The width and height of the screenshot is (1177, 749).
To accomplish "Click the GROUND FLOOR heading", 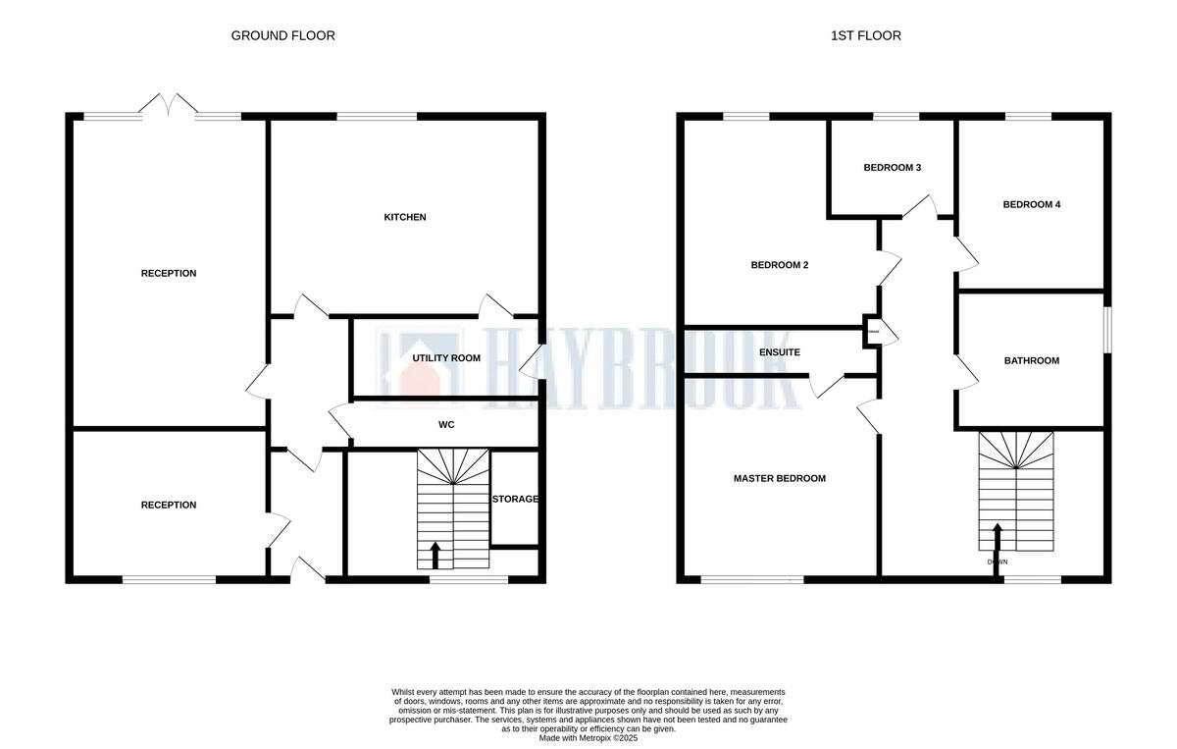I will (x=282, y=35).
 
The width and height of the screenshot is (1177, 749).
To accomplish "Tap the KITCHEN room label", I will (x=404, y=217).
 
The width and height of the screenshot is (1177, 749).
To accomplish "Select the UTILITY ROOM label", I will (x=446, y=358).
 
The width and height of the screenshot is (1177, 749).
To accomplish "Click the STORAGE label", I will (x=515, y=499).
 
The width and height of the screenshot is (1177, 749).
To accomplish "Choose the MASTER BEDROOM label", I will (x=779, y=479).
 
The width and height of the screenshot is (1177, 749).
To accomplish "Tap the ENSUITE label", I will (x=779, y=352).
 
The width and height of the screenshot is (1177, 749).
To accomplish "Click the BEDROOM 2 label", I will (x=779, y=265).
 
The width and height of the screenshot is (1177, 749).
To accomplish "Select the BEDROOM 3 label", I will (x=892, y=168).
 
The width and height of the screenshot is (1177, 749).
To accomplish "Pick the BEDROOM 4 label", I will (x=1031, y=205).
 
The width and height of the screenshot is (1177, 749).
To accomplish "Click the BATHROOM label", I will (x=1031, y=361).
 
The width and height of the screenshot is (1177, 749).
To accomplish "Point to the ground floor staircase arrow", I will (x=435, y=555).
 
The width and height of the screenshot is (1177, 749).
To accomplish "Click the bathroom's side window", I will (x=1107, y=330).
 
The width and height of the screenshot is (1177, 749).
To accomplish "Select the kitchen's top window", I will (x=377, y=117).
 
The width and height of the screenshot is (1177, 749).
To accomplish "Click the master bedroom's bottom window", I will (x=752, y=579).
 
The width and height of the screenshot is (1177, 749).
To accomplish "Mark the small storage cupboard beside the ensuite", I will (x=872, y=334).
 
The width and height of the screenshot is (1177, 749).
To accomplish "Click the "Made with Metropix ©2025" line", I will (x=588, y=737).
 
